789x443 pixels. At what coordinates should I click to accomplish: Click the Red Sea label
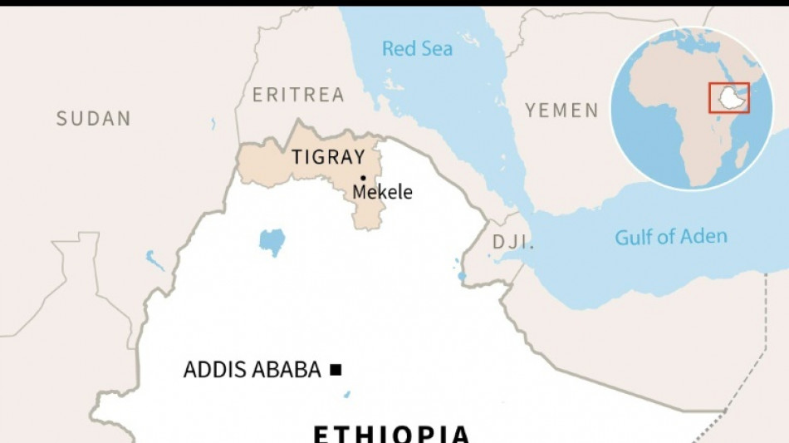pos(417,49)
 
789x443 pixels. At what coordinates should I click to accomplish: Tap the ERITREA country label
pos(298,95)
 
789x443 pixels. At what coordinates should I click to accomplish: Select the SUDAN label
pos(94,119)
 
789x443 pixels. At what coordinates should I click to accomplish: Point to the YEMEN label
pos(561,110)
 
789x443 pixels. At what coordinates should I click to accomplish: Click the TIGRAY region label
pos(328,157)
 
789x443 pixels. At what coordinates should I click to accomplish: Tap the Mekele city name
pos(382,192)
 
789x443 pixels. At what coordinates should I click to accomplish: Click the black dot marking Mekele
pos(363,178)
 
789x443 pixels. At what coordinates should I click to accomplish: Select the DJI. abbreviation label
pos(512,243)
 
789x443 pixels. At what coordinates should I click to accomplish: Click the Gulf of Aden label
pos(670,237)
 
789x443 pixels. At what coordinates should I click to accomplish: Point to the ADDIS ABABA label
pos(252,370)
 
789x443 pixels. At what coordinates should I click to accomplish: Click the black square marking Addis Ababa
pos(336,370)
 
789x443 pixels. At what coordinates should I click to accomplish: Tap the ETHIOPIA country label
pos(391,433)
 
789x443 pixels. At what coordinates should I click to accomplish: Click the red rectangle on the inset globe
pos(729,97)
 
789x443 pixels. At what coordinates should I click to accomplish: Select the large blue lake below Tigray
pos(272,241)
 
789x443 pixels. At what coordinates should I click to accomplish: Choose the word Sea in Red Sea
pos(436,49)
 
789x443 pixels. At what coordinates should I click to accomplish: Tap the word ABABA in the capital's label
pos(288,370)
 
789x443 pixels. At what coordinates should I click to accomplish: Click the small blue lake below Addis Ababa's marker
pos(347,394)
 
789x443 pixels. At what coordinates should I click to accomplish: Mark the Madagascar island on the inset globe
pos(742,154)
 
